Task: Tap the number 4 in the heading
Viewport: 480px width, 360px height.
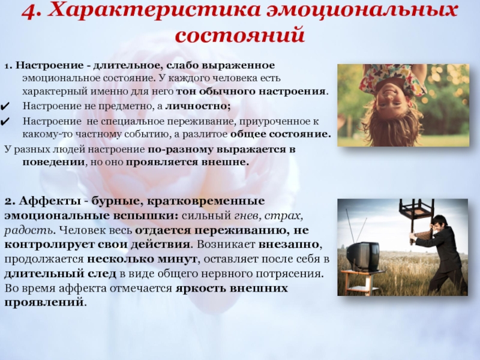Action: tap(30, 11)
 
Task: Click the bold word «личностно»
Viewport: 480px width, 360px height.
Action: tap(197, 106)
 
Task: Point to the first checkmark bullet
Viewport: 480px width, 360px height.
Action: tap(5, 107)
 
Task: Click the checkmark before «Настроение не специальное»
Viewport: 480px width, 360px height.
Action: tap(5, 122)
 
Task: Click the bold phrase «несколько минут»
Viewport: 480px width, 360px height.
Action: tap(142, 259)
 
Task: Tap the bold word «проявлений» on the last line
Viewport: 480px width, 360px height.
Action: tap(44, 303)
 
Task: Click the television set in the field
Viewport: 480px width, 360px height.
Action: tap(362, 256)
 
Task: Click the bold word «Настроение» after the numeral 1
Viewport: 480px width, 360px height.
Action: tap(50, 65)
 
